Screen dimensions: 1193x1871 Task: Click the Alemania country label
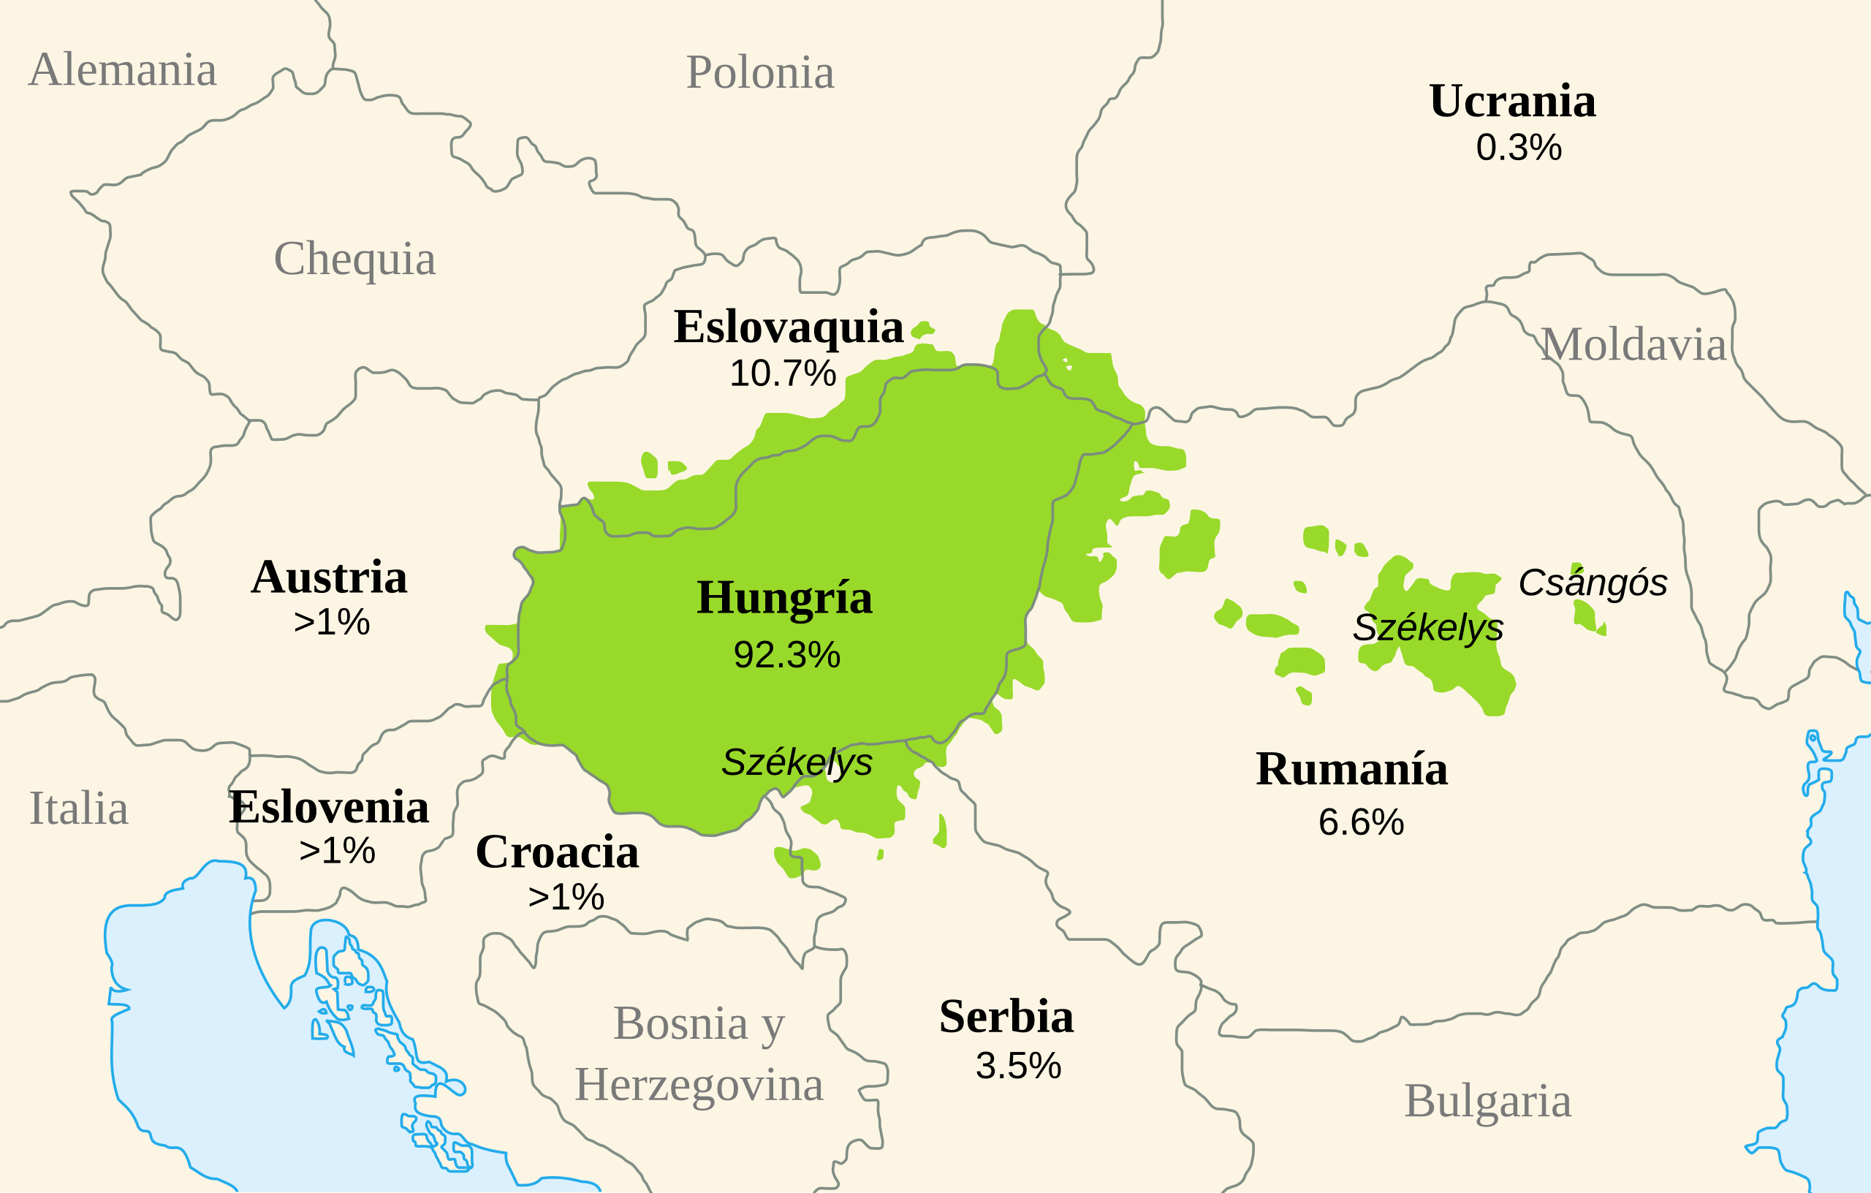123,70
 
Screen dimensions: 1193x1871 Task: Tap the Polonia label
760,73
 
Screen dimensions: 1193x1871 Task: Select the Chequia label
354,259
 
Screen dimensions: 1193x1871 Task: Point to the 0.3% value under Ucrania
1518,148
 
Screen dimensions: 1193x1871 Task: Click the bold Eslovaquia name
788,327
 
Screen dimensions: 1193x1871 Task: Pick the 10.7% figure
783,374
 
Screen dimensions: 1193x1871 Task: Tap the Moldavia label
1633,344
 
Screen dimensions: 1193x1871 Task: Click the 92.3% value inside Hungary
786,655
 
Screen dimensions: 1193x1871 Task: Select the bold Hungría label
784,598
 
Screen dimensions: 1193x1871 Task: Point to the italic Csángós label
1593,583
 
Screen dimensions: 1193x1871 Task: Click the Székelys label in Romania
1427,628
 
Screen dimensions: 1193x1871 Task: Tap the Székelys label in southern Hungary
797,762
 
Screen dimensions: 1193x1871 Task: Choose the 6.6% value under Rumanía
1361,823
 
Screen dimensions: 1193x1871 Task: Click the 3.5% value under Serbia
1018,1067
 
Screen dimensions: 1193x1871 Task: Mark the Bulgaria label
1487,1102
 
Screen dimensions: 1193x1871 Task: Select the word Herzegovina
699,1085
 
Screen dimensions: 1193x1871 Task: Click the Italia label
78,808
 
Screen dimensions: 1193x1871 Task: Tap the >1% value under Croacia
566,898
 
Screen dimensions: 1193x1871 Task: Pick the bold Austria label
330,577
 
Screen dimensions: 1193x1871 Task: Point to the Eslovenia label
329,808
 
